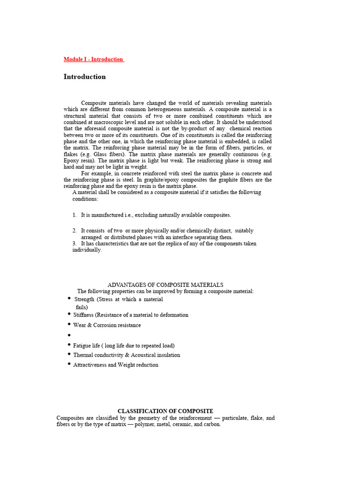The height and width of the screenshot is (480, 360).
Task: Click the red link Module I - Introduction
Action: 93,60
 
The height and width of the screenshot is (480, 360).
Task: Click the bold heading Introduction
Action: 85,77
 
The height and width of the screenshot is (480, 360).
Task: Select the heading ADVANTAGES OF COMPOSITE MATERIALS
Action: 165,285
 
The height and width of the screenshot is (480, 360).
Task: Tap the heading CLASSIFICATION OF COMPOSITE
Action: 165,411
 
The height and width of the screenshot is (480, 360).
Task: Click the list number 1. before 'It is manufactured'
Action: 75,215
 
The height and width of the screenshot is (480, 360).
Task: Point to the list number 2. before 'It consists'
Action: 75,231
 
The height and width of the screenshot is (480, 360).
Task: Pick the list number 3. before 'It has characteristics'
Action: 75,244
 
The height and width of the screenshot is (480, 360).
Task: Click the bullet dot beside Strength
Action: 69,298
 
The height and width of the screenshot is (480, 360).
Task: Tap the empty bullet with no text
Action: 69,335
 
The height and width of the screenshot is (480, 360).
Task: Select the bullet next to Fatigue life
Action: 69,345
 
